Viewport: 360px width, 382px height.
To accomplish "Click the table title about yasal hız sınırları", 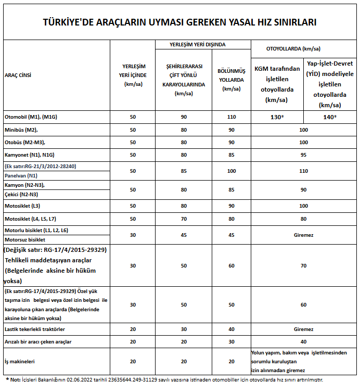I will (179, 22).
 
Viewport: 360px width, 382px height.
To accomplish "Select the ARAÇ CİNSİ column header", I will (18, 75).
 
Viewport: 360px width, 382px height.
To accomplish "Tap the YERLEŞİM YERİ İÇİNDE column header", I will (133, 75).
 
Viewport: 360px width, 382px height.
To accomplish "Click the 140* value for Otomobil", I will (330, 117).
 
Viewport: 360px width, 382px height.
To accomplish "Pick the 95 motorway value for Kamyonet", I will (303, 154).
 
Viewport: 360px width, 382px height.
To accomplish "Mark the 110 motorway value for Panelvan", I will (303, 171).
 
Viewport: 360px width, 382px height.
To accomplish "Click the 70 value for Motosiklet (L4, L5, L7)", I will (184, 219).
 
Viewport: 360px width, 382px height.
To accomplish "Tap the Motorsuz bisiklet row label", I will (24, 240).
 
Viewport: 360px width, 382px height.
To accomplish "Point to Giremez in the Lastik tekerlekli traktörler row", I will (303, 329).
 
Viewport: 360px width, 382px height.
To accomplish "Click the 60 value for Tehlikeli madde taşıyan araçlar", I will (232, 265).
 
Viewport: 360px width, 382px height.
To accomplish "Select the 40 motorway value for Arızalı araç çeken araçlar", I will (303, 342).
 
